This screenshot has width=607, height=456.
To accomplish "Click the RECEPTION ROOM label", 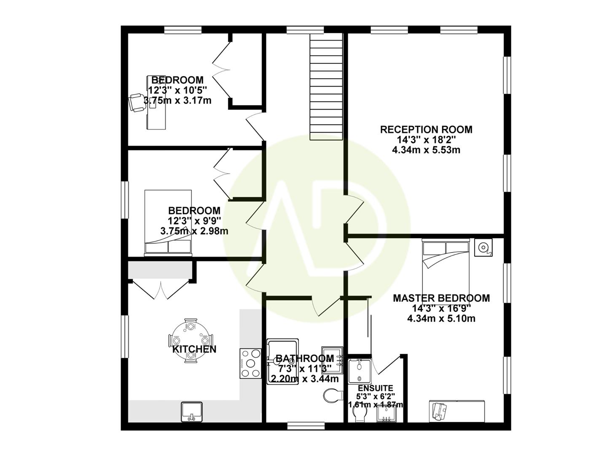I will click(x=426, y=130).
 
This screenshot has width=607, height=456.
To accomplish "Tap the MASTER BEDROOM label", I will click(x=441, y=298).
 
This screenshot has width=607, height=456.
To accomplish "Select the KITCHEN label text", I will click(x=194, y=349).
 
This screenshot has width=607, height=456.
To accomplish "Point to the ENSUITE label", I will click(x=375, y=388).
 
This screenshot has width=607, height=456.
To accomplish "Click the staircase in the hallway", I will click(x=326, y=87).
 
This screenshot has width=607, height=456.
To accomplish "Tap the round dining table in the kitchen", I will click(x=191, y=340).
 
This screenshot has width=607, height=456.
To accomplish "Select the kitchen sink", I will click(x=192, y=412).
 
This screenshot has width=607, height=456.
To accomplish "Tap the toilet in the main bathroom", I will click(x=333, y=396).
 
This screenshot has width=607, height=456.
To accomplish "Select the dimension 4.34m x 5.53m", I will click(x=426, y=150).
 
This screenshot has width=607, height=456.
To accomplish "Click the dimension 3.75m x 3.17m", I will click(x=177, y=100).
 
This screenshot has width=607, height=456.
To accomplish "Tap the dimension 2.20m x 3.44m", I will click(x=303, y=379).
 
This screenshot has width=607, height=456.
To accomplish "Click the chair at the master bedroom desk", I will click(x=440, y=410).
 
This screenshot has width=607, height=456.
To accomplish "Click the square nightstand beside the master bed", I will click(x=483, y=247).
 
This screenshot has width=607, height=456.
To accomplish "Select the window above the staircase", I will click(x=306, y=30).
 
